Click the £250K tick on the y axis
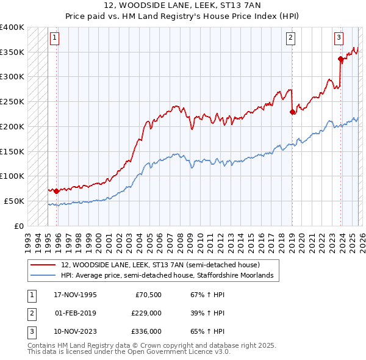[12, 101]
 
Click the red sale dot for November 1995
[57, 191]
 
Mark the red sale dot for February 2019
[292, 112]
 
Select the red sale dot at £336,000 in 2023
[340, 59]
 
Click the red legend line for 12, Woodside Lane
[42, 265]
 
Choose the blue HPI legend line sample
[42, 276]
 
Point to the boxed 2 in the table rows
[30, 313]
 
